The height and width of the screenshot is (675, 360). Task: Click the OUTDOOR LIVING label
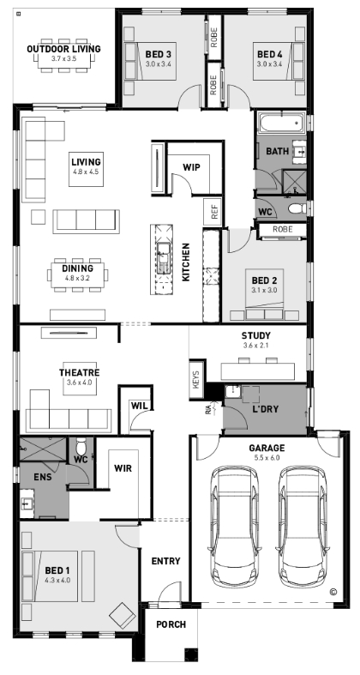point(63,49)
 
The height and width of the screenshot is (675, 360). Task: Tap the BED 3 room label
point(159,54)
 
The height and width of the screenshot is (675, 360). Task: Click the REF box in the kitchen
point(213,211)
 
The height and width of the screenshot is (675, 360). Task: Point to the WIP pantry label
point(191,167)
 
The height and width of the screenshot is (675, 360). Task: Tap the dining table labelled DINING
point(77,274)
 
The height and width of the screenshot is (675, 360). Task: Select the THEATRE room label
point(79,373)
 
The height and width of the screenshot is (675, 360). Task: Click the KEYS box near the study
point(196,380)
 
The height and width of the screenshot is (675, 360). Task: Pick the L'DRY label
point(266,409)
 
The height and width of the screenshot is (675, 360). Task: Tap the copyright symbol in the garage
point(333,592)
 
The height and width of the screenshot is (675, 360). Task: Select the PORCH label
point(171,624)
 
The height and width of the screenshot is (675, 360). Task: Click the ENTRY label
point(165,561)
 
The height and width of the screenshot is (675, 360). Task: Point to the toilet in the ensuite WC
point(81,446)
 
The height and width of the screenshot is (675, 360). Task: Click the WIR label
point(123,468)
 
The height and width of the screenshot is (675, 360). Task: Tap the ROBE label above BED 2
point(283,230)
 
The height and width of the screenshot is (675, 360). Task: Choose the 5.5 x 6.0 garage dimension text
point(267,458)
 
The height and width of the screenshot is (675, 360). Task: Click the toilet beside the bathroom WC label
point(297,209)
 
